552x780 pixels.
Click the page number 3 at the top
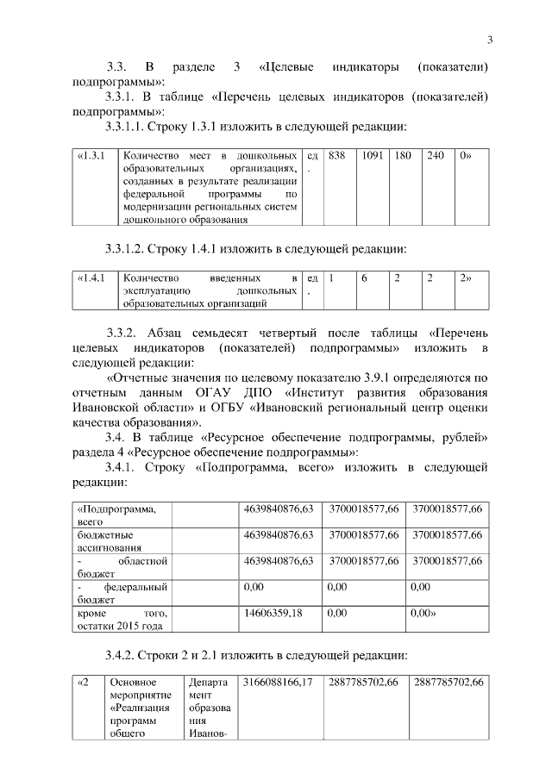pyautogui.click(x=489, y=40)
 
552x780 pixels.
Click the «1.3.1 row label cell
pyautogui.click(x=91, y=156)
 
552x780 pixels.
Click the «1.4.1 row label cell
pyautogui.click(x=91, y=278)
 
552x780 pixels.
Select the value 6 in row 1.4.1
pyautogui.click(x=364, y=278)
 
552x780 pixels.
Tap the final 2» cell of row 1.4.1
pyautogui.click(x=466, y=278)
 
